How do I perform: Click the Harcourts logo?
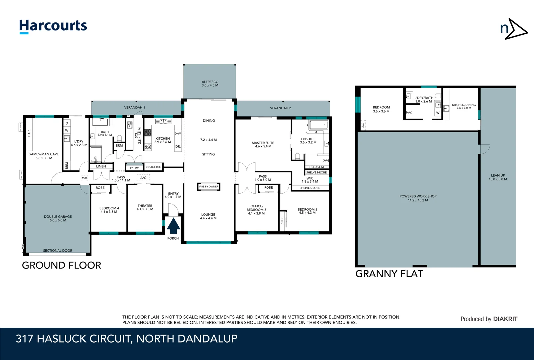click(x=53, y=26)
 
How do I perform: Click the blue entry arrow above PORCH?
click(x=173, y=226)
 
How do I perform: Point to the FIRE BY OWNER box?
click(x=209, y=187)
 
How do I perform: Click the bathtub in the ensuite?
click(x=318, y=126)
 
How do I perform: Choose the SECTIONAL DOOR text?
click(x=57, y=251)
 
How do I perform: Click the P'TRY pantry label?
click(x=134, y=168)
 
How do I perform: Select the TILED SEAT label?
click(x=316, y=167)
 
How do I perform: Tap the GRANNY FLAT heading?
click(x=389, y=274)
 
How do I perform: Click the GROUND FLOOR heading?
click(x=61, y=266)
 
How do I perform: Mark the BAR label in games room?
click(x=29, y=134)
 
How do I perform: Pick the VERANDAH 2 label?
click(x=280, y=108)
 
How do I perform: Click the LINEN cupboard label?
click(x=101, y=166)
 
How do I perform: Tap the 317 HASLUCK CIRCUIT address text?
click(x=126, y=339)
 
